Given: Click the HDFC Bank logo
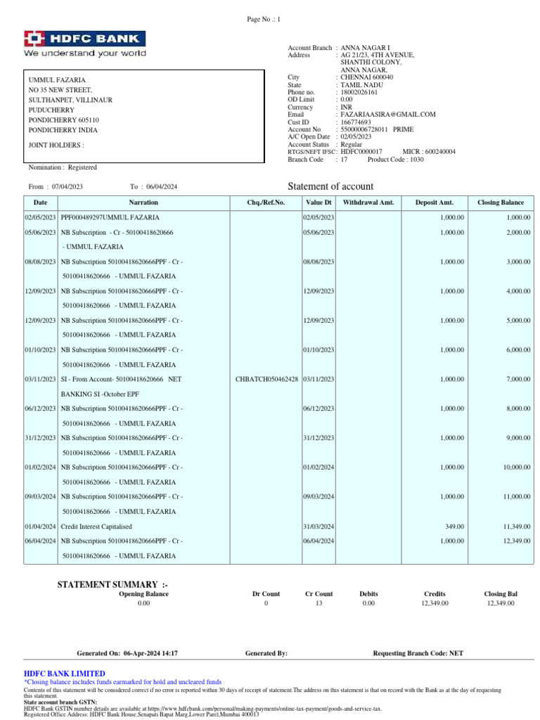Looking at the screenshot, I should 85,44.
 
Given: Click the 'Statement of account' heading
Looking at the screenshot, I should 331,186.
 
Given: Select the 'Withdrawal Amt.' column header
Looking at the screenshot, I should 368,202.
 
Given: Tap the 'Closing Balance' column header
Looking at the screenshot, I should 501,202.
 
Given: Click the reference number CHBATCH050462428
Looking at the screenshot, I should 266,380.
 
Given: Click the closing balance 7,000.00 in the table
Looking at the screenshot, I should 517,380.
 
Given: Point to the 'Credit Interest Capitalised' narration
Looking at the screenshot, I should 96,526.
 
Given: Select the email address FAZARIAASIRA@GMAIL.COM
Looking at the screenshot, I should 388,115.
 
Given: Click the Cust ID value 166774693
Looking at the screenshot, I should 356,122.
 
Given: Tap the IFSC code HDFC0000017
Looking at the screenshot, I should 361,152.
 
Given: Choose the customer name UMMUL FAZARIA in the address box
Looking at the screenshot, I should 57,80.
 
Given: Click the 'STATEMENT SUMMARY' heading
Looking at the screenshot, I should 112,585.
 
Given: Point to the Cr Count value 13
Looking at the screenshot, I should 319,603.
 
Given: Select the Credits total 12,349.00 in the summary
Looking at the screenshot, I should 435,603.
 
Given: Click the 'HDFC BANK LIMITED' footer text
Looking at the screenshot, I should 65,674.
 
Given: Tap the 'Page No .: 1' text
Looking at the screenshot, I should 264,20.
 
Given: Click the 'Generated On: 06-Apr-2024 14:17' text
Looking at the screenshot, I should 127,653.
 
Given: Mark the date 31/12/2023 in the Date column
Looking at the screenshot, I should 40,438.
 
